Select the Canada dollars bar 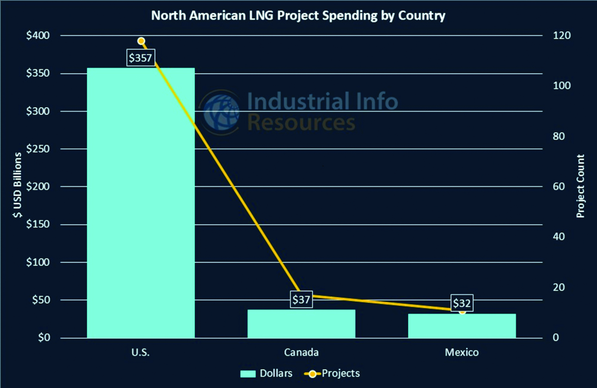pyautogui.click(x=301, y=323)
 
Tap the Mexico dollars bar pyautogui.click(x=462, y=326)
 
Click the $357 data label pyautogui.click(x=140, y=58)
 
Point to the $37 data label pyautogui.click(x=301, y=299)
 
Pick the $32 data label pyautogui.click(x=462, y=303)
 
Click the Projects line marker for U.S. pyautogui.click(x=141, y=41)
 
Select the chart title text pyautogui.click(x=298, y=16)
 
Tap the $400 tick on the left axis pyautogui.click(x=38, y=35)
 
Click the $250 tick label pyautogui.click(x=38, y=149)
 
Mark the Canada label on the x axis pyautogui.click(x=301, y=352)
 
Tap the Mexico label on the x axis pyautogui.click(x=462, y=352)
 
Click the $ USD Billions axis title pyautogui.click(x=17, y=185)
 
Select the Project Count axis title pyautogui.click(x=580, y=186)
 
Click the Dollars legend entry pyautogui.click(x=266, y=373)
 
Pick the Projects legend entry pyautogui.click(x=332, y=373)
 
